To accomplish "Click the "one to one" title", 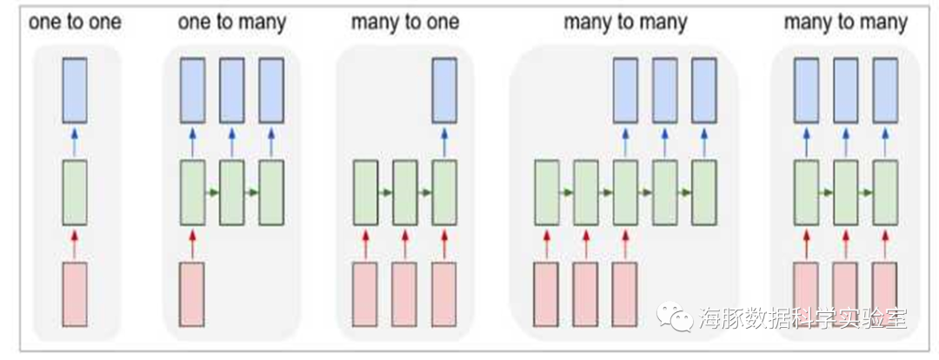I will pos(74,23).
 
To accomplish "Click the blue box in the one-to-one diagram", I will pos(75,90).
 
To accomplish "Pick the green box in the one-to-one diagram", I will pos(75,192).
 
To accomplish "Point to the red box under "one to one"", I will pos(75,294).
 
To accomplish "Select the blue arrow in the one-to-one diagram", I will pos(75,141).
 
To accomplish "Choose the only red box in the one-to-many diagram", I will pos(192,294).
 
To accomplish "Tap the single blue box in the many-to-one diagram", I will pos(444,90).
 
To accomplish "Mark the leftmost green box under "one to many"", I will pos(192,192).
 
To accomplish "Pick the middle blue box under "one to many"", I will pos(231,90).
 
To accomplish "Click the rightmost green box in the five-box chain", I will pos(703,192).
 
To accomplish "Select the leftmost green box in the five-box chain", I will pos(546,192).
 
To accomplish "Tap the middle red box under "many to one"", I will pos(404,294).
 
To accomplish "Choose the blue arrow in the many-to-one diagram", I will pos(444,141).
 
